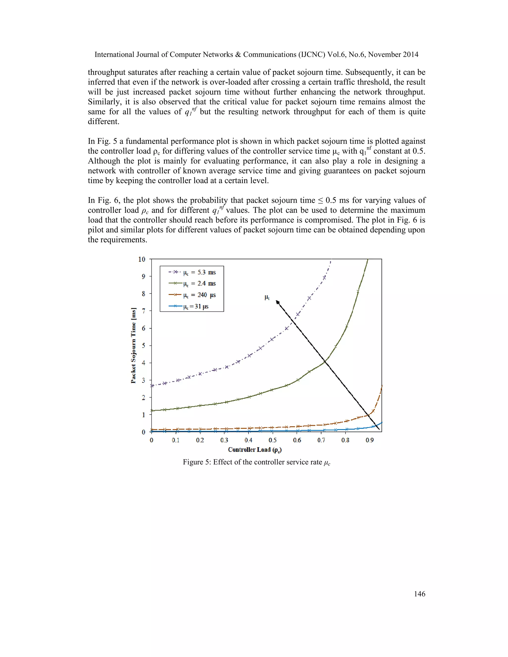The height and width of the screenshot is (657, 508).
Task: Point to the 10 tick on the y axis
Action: (142, 259)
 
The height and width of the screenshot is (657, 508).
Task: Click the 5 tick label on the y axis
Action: (144, 345)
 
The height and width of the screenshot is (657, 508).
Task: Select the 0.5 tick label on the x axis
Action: (273, 440)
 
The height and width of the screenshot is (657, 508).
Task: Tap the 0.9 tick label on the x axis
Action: (370, 440)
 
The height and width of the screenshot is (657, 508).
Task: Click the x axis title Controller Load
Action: (254, 450)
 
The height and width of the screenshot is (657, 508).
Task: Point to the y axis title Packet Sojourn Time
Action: (133, 345)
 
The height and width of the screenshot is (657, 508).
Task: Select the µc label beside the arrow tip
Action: (267, 298)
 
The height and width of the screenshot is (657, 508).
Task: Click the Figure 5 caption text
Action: (256, 462)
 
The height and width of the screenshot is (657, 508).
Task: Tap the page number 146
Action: (419, 594)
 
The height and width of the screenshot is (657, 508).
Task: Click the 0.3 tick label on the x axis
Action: (224, 440)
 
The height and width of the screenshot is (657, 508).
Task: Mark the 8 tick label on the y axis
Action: (144, 294)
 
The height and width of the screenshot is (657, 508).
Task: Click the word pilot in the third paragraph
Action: (95, 230)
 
